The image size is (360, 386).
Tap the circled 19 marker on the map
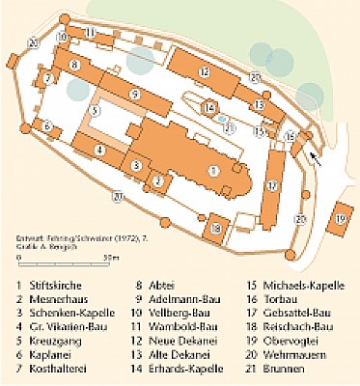pos(341,218)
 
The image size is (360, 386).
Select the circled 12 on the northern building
pos(205,71)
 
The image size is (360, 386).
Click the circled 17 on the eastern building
pos(272,185)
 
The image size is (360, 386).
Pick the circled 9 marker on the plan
pos(135,94)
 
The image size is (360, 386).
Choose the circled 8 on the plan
pos(73,65)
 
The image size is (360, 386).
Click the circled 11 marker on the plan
pos(90,32)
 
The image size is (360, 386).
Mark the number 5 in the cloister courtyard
pos(93,111)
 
